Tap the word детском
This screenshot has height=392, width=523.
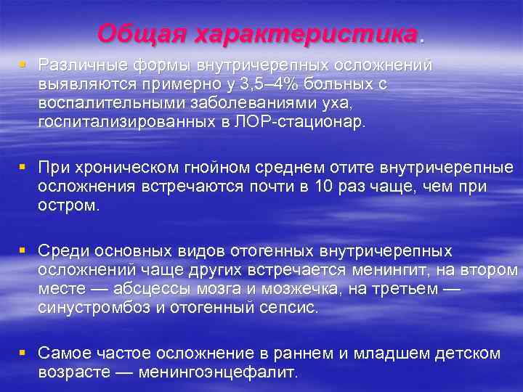(x=471, y=354)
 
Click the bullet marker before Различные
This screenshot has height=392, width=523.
(x=24, y=65)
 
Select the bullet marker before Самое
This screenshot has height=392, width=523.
(x=24, y=354)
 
